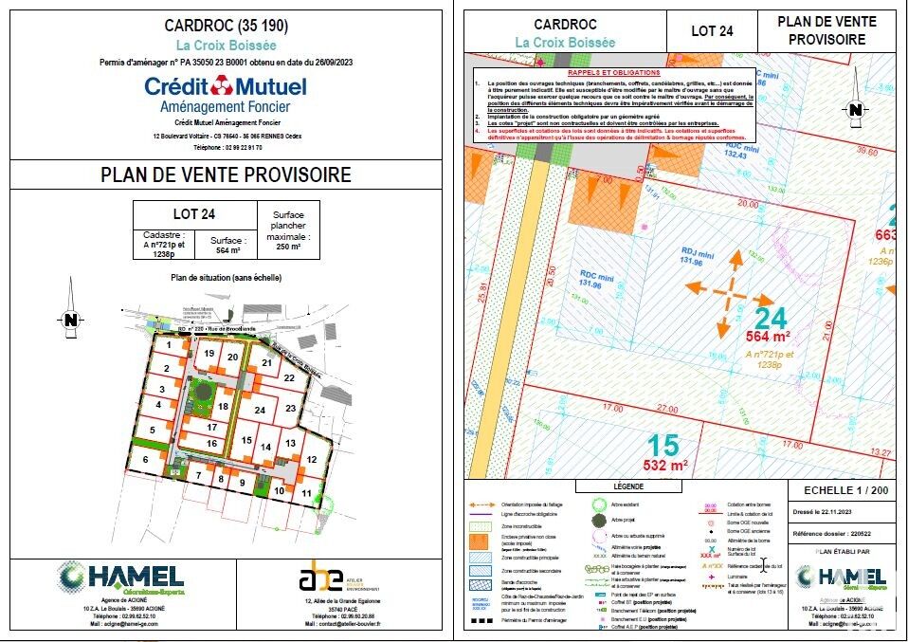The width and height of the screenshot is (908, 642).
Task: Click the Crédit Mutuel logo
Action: [x=225, y=87]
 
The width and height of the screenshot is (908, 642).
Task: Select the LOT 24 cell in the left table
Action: [x=193, y=214]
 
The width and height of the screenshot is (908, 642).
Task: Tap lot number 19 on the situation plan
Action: [x=209, y=354]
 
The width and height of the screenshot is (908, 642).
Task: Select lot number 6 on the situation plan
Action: [x=145, y=460]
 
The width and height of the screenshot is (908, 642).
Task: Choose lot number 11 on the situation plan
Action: [x=306, y=494]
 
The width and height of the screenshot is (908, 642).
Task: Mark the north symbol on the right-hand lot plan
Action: [x=855, y=110]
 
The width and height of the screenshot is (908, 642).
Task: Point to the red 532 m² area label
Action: [x=666, y=465]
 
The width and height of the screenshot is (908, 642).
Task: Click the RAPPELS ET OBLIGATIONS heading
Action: [x=612, y=72]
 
